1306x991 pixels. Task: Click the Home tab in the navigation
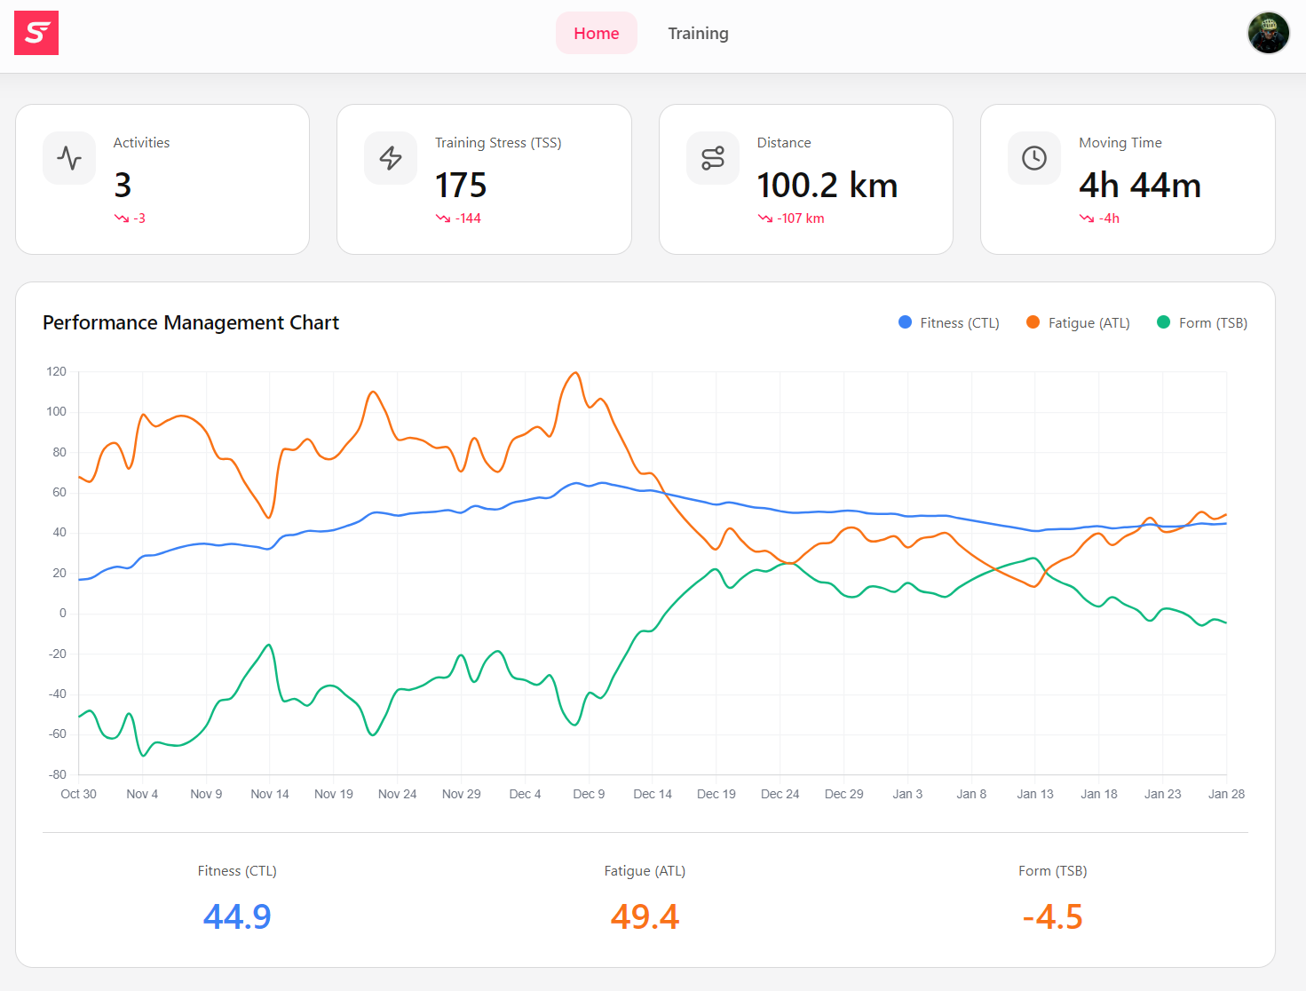(x=596, y=34)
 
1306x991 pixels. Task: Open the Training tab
(x=698, y=34)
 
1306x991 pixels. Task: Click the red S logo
(x=36, y=33)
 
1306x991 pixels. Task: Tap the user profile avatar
(x=1268, y=34)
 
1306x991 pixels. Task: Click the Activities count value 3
(x=123, y=186)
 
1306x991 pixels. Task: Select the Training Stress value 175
(x=461, y=186)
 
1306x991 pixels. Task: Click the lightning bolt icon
(x=391, y=158)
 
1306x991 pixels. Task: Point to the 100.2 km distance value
(x=827, y=186)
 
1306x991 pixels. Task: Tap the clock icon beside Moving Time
(x=1034, y=158)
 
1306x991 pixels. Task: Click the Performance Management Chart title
(x=191, y=322)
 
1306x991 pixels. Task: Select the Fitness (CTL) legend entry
(x=949, y=323)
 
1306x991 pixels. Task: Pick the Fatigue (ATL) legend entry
(x=1078, y=323)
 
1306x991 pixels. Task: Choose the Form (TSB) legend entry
(x=1202, y=323)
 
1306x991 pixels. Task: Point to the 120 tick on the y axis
(x=57, y=371)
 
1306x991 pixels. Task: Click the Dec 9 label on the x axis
(x=589, y=794)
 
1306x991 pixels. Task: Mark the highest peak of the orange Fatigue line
(x=576, y=373)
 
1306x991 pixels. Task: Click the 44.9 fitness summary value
(x=237, y=916)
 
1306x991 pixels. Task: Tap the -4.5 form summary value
(x=1052, y=916)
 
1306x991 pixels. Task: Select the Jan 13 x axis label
(x=1035, y=794)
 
